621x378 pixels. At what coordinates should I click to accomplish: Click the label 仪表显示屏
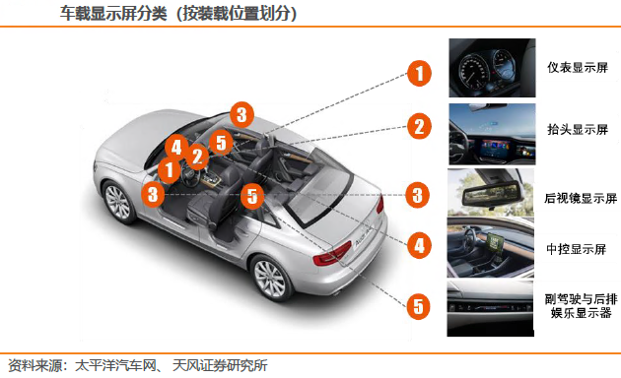tap(578, 68)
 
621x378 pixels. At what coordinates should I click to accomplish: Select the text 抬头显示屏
tap(578, 129)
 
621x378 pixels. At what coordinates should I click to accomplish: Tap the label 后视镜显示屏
tap(581, 198)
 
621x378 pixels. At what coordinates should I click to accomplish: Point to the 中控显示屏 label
tap(577, 249)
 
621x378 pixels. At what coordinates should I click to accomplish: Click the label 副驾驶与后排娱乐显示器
tap(581, 306)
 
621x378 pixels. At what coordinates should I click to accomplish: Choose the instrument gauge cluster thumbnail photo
tap(492, 68)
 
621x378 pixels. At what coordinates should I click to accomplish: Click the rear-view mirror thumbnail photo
tap(491, 192)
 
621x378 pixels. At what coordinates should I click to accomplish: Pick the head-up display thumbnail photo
tap(492, 134)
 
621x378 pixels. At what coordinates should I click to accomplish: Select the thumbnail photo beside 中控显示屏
tap(490, 247)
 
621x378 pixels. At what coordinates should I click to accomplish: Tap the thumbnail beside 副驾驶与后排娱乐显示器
tap(490, 308)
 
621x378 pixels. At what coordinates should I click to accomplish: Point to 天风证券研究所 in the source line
tap(220, 365)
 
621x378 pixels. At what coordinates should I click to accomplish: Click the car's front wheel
tap(117, 202)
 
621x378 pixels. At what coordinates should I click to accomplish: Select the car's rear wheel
tap(271, 278)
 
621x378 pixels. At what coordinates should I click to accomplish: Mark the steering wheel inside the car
tap(190, 176)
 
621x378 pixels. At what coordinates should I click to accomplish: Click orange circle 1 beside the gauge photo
tap(419, 73)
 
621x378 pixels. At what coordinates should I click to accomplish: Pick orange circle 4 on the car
tap(176, 148)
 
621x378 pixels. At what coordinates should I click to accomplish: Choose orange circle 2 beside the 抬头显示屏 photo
tap(419, 126)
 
